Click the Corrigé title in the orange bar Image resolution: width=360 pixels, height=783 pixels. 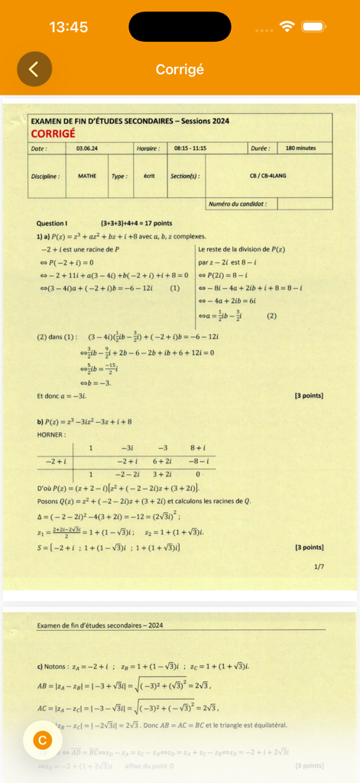pyautogui.click(x=180, y=70)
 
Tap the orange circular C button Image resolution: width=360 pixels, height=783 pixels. pyautogui.click(x=43, y=740)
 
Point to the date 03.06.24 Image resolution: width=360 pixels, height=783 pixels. pyautogui.click(x=86, y=148)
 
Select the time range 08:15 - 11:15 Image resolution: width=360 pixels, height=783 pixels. pyautogui.click(x=190, y=148)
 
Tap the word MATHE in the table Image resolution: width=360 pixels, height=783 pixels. pyautogui.click(x=87, y=176)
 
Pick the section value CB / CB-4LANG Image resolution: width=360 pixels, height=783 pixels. pyautogui.click(x=268, y=176)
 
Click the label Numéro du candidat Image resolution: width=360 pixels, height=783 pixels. pyautogui.click(x=239, y=204)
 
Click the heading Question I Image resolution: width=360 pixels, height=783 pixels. pyautogui.click(x=52, y=223)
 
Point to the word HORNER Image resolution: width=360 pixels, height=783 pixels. pyautogui.click(x=50, y=434)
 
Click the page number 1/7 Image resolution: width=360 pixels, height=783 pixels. pyautogui.click(x=319, y=567)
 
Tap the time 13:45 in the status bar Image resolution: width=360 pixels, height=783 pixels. pyautogui.click(x=69, y=27)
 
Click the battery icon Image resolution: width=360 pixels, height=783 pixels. pyautogui.click(x=314, y=27)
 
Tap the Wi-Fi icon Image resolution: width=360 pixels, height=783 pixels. pyautogui.click(x=288, y=27)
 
